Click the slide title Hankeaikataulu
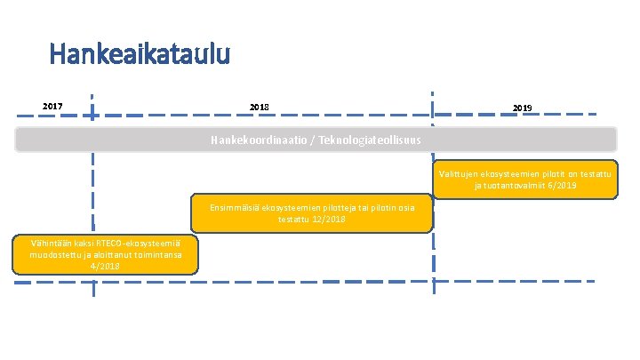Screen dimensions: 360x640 point(140,54)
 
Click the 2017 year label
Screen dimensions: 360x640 point(52,107)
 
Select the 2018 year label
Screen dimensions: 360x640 point(260,108)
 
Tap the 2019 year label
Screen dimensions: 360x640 point(523,108)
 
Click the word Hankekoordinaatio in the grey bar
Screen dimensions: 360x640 point(258,140)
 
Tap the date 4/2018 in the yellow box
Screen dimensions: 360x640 point(105,266)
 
